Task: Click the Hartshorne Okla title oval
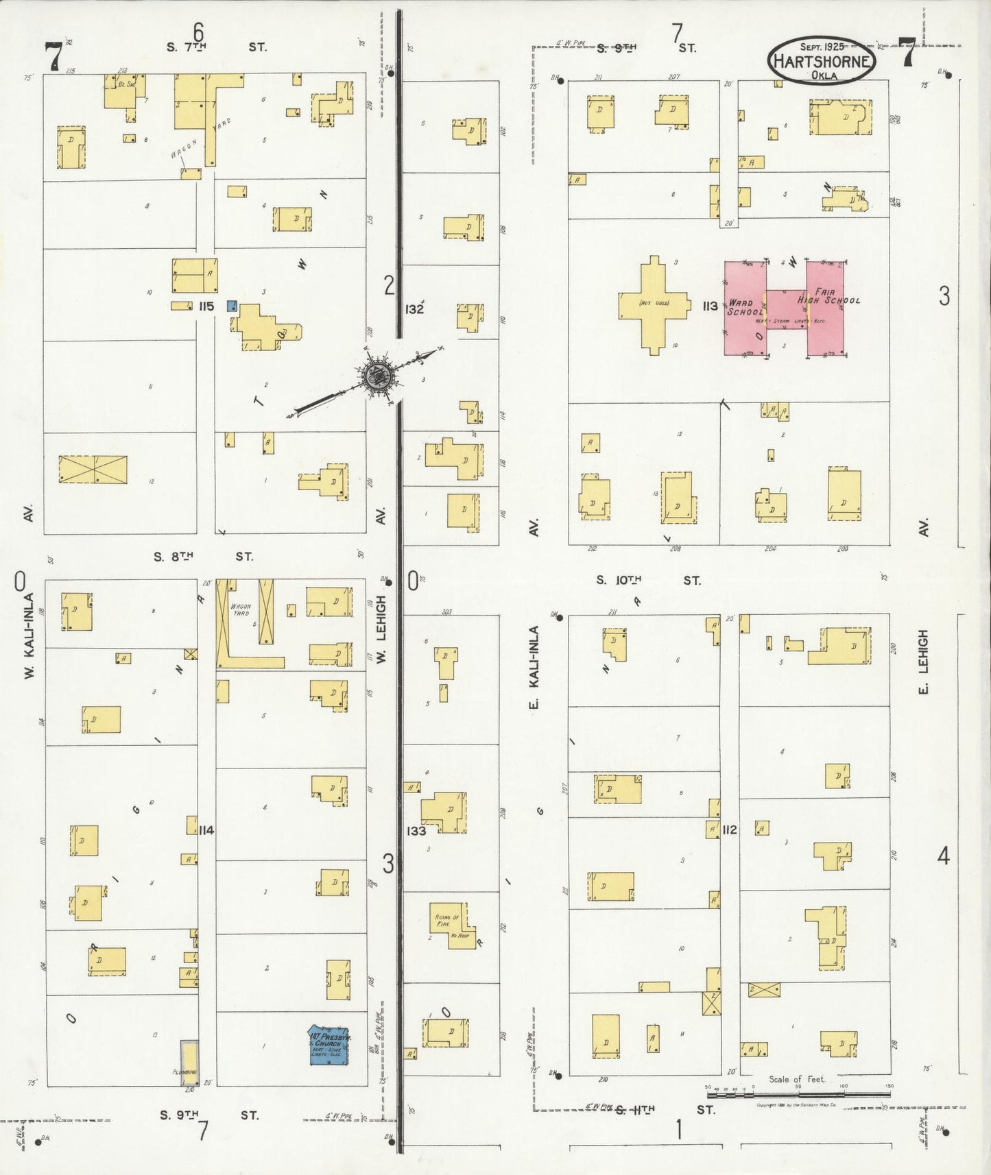[822, 60]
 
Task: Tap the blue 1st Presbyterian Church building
[329, 1045]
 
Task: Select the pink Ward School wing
[745, 308]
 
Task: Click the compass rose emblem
[377, 375]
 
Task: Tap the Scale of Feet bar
[797, 1095]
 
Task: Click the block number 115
[206, 306]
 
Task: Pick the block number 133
[416, 831]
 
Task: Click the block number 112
[729, 829]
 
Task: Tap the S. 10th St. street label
[648, 580]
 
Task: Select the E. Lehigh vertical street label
[923, 663]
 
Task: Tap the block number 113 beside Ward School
[710, 306]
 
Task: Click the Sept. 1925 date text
[822, 47]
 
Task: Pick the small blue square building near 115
[232, 305]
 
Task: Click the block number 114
[206, 830]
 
